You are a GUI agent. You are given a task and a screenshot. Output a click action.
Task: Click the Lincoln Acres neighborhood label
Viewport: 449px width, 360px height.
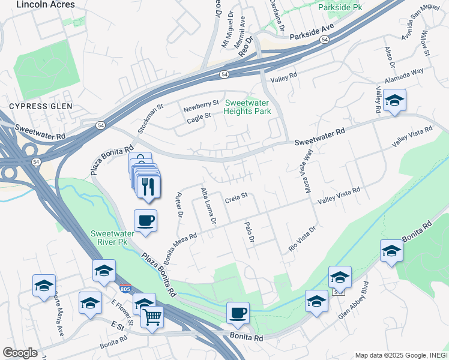[x=46, y=5]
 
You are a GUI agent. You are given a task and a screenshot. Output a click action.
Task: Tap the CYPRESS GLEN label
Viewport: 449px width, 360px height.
[x=40, y=106]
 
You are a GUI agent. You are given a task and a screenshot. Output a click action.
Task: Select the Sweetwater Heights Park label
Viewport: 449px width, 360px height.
[x=247, y=107]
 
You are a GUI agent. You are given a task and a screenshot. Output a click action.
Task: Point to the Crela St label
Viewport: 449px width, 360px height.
[x=236, y=196]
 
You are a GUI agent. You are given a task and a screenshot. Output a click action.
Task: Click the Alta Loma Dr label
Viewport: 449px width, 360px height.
[x=208, y=206]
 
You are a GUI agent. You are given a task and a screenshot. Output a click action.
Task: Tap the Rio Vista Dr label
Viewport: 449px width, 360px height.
[x=302, y=238]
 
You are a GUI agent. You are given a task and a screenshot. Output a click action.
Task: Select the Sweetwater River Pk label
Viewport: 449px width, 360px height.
[x=109, y=237]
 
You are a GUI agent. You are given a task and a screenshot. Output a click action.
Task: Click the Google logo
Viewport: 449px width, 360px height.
[x=20, y=352]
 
